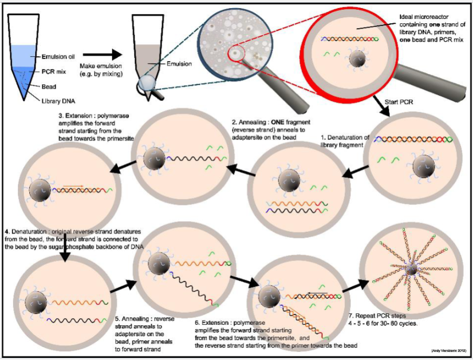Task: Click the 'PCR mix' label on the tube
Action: [x=55, y=70]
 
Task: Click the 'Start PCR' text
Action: [x=399, y=101]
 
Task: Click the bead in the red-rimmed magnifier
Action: [x=356, y=58]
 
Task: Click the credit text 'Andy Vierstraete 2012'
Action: [x=447, y=351]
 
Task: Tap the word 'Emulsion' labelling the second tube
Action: [x=178, y=64]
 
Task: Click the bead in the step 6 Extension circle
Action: [x=269, y=297]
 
